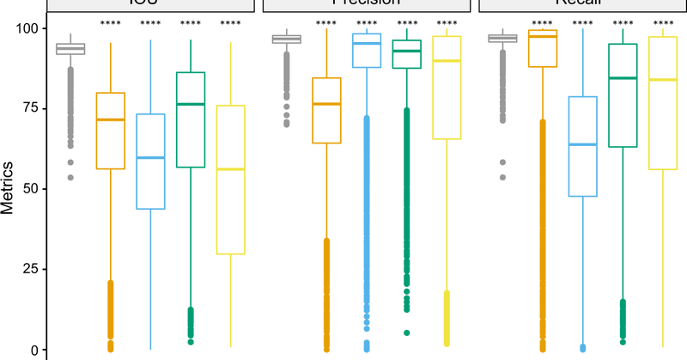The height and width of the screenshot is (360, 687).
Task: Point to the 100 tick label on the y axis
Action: [27, 28]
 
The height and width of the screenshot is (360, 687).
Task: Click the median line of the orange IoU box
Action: [110, 119]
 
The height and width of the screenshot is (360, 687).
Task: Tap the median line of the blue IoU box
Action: [151, 158]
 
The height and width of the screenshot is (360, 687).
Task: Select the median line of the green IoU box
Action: [191, 104]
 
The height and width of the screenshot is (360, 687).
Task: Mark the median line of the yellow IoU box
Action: [231, 169]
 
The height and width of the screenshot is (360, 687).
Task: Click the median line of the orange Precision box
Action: [326, 104]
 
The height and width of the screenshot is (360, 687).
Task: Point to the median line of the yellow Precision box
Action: [447, 61]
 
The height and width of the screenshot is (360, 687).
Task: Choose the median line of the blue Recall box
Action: [583, 144]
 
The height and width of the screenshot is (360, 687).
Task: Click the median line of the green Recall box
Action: [623, 78]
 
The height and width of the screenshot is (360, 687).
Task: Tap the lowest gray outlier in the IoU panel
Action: [70, 178]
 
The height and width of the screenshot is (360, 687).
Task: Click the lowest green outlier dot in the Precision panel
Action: [407, 333]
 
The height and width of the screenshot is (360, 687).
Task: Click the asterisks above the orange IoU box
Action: [110, 22]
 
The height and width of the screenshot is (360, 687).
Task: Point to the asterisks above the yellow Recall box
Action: [664, 22]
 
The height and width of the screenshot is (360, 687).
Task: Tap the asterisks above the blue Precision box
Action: [367, 22]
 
